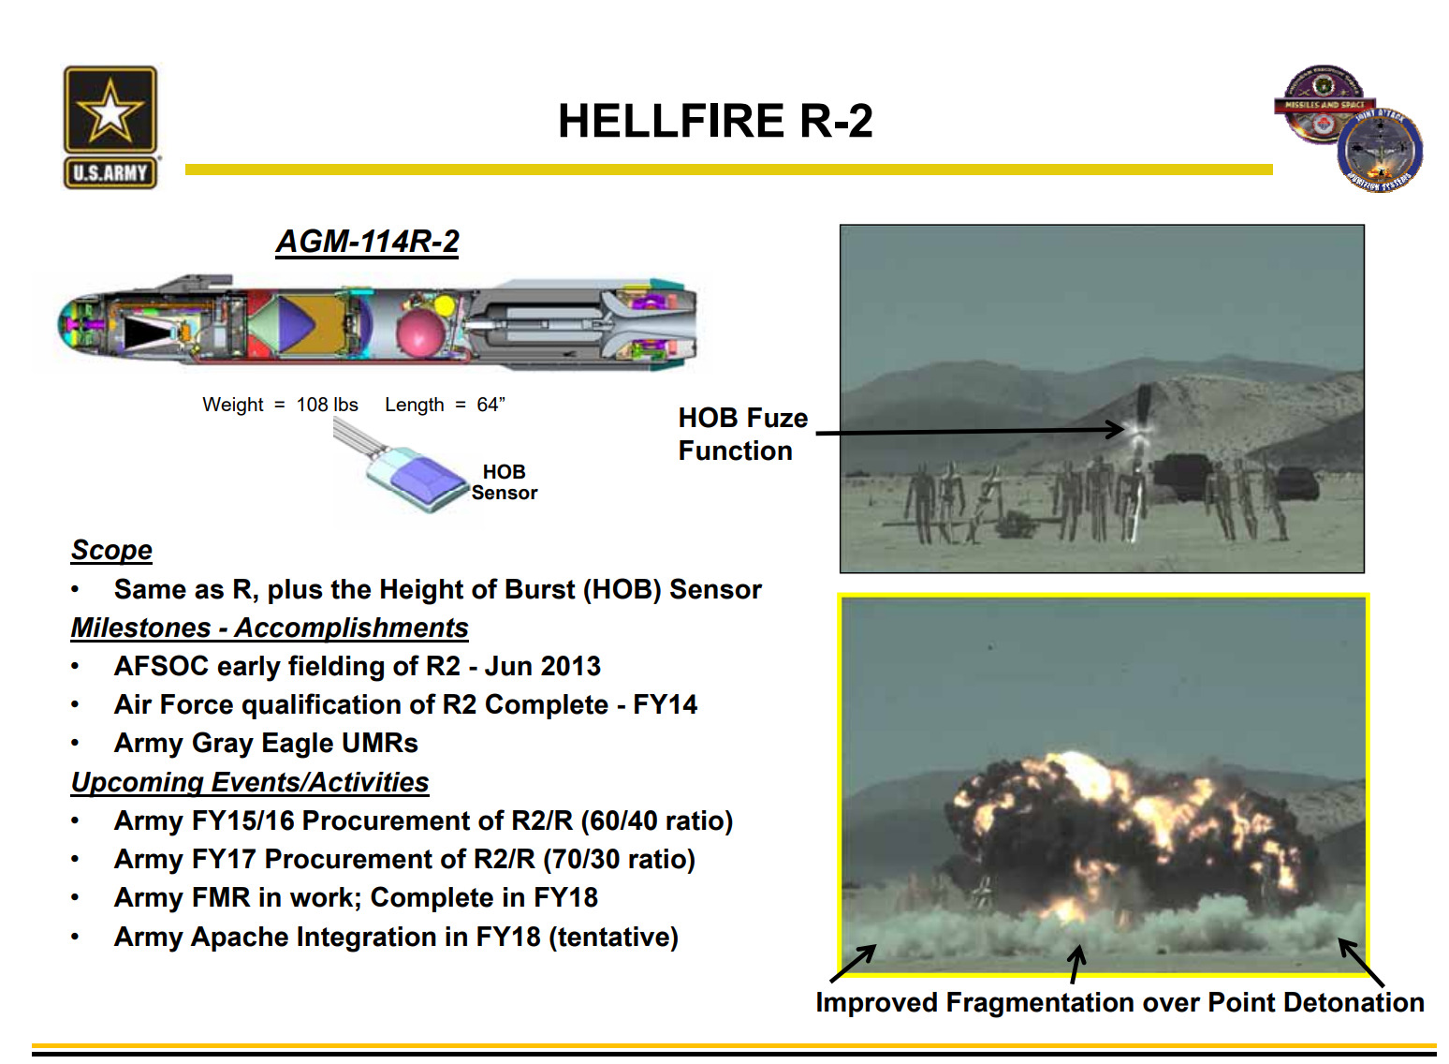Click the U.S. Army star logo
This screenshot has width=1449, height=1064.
click(x=110, y=126)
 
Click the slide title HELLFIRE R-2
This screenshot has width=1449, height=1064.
click(x=715, y=121)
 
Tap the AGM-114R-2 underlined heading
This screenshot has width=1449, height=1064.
click(x=367, y=242)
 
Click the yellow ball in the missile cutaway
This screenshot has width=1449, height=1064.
click(x=445, y=304)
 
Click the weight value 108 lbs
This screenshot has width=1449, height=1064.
click(x=327, y=405)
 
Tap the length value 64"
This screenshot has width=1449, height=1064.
click(x=491, y=405)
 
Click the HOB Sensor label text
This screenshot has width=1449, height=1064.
click(x=505, y=482)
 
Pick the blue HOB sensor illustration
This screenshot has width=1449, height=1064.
click(x=417, y=479)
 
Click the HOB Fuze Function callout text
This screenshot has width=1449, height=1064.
click(x=742, y=435)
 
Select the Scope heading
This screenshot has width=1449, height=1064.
click(x=111, y=550)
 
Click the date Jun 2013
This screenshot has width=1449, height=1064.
click(x=543, y=666)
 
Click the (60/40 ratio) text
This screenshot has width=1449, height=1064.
click(x=656, y=820)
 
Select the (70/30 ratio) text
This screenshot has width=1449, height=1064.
click(x=619, y=860)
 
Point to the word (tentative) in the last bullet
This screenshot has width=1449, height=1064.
click(x=613, y=938)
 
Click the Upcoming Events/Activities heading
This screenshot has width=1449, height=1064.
click(x=250, y=782)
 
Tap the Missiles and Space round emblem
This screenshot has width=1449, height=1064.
click(x=1325, y=104)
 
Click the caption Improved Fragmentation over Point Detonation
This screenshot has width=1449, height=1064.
click(x=1120, y=1002)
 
